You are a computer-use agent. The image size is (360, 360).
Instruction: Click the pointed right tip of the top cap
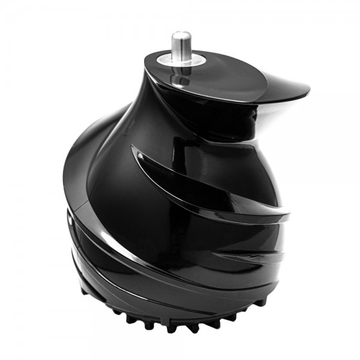pos(307,91)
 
